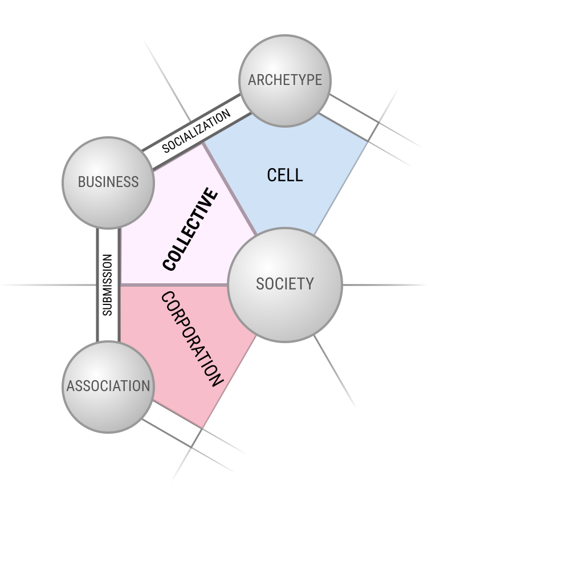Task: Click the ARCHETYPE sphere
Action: pos(285,81)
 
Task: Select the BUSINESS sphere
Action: pos(108,183)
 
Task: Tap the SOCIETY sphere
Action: pos(285,285)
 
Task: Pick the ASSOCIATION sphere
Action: pos(108,387)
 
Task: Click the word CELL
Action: pos(285,175)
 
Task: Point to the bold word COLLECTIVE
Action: pos(190,229)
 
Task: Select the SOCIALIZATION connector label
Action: pos(196,131)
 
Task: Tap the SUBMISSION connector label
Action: pos(108,285)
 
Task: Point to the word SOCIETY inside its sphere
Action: pos(285,284)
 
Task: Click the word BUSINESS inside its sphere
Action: pos(108,182)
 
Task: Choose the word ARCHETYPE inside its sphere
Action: pos(285,80)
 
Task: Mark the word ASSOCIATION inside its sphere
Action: pos(108,386)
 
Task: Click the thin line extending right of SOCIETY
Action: pos(385,285)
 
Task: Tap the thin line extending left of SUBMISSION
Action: pos(48,285)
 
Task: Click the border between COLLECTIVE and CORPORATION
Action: pos(174,285)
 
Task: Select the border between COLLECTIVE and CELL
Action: pos(230,188)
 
